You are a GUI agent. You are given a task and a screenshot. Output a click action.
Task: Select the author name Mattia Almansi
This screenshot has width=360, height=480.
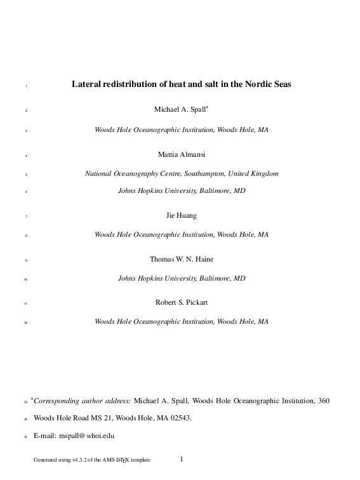tap(181, 154)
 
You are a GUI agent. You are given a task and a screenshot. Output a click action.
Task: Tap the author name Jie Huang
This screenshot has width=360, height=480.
tap(181, 215)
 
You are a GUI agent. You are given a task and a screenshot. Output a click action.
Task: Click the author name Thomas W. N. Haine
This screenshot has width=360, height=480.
tap(181, 259)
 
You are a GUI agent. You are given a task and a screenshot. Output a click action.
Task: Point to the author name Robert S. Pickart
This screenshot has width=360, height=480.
tap(181, 302)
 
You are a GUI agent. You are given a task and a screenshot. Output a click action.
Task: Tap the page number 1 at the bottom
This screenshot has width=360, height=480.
tap(182, 458)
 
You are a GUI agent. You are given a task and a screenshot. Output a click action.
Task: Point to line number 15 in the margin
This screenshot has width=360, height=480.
tap(25, 437)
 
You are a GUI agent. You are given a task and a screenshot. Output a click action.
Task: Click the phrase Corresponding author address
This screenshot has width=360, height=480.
tap(83, 401)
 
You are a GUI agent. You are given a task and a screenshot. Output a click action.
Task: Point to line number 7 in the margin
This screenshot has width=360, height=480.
tap(25, 217)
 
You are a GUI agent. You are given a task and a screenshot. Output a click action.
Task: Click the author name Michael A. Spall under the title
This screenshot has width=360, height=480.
tap(180, 110)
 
